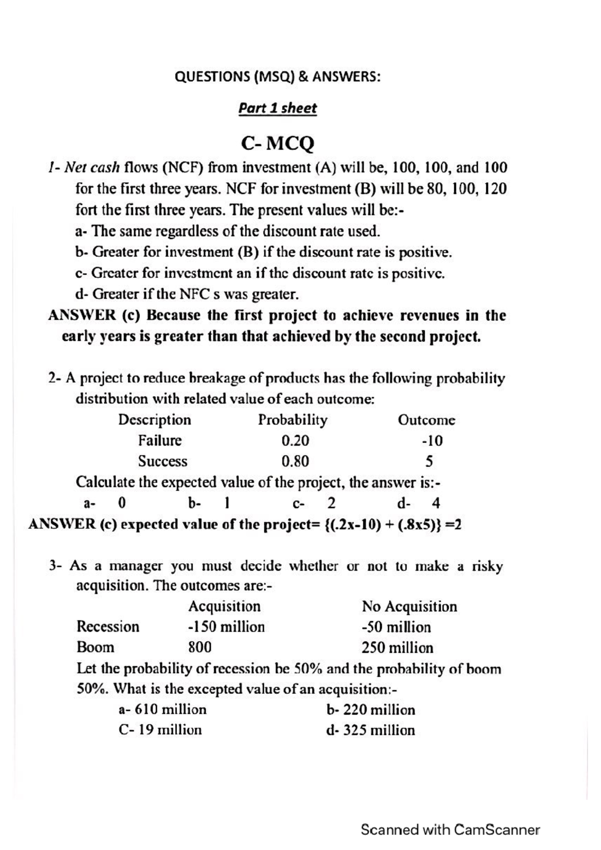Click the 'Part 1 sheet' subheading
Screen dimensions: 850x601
tap(277, 108)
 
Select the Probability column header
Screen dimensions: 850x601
tap(292, 419)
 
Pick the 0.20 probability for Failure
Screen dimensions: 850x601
tap(295, 441)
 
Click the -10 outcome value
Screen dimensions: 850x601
tap(432, 441)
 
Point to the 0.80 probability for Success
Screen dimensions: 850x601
tap(295, 461)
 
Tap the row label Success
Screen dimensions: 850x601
tap(162, 461)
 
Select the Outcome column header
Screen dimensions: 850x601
tap(426, 420)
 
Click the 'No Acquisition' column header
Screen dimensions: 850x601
tap(409, 607)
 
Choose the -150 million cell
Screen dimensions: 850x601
tap(226, 627)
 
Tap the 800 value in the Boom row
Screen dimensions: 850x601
tap(200, 647)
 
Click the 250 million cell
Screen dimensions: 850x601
tap(397, 648)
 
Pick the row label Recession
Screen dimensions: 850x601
tap(108, 627)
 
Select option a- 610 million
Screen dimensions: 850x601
tap(162, 709)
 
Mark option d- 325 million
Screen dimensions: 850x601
tap(370, 730)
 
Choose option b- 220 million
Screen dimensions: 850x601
tap(370, 710)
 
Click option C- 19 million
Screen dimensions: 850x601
tap(160, 730)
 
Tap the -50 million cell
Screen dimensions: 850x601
tap(396, 627)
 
